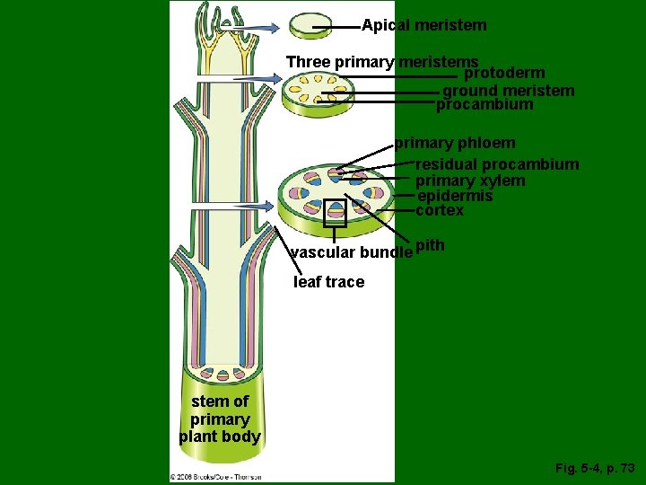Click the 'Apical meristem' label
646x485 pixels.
pos(423,25)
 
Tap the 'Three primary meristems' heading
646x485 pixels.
pos(381,62)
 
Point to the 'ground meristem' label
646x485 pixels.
pos(509,90)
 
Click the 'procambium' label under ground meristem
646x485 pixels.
pos(484,104)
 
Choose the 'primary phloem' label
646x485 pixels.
pos(455,143)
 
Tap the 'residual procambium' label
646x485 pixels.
pos(497,164)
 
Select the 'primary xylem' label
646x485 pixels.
pos(470,181)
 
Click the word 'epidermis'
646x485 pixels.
pos(455,196)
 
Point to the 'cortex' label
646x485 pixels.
pos(440,210)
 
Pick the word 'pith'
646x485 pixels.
pos(431,245)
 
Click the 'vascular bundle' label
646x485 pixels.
pos(351,252)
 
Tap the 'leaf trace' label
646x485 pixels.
pos(329,282)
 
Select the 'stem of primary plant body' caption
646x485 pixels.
pos(220,419)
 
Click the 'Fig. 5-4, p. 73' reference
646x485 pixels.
pos(595,468)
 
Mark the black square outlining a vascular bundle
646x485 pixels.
pos(335,210)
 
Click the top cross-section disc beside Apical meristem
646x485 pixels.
pos(310,26)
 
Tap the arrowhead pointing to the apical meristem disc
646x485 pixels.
pos(275,27)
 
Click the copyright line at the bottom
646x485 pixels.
pos(215,476)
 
